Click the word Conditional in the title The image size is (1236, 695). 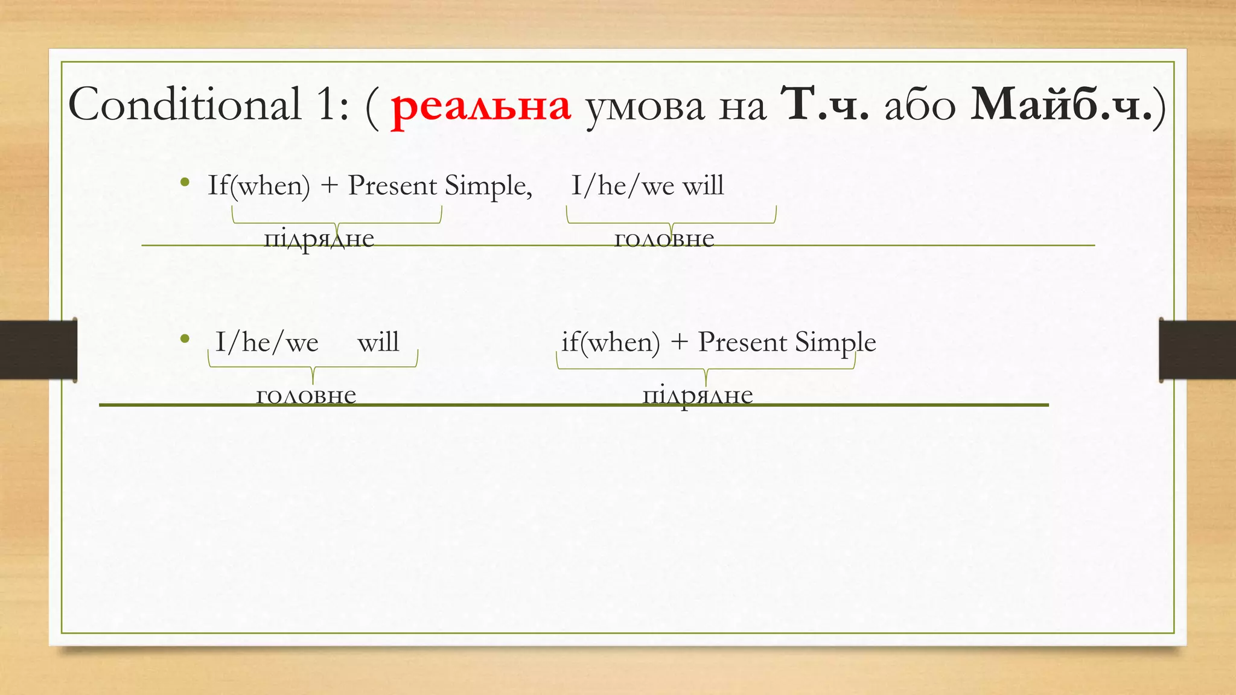tap(184, 104)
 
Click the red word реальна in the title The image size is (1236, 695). tap(480, 106)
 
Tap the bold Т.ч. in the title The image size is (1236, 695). tap(824, 105)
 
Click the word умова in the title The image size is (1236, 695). tap(645, 107)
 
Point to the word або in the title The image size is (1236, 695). tap(920, 106)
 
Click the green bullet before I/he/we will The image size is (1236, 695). tap(185, 339)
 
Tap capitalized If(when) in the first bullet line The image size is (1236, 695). tap(258, 185)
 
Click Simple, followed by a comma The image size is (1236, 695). tap(488, 186)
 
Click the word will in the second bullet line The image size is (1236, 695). tap(378, 342)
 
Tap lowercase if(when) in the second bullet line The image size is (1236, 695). tap(610, 342)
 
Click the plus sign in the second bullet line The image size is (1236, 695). tap(679, 342)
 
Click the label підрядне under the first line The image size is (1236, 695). tap(319, 238)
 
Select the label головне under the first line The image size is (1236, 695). tap(664, 238)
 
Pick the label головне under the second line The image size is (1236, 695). tap(306, 395)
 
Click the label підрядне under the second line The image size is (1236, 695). tap(697, 395)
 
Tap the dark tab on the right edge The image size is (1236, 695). tap(1197, 350)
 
